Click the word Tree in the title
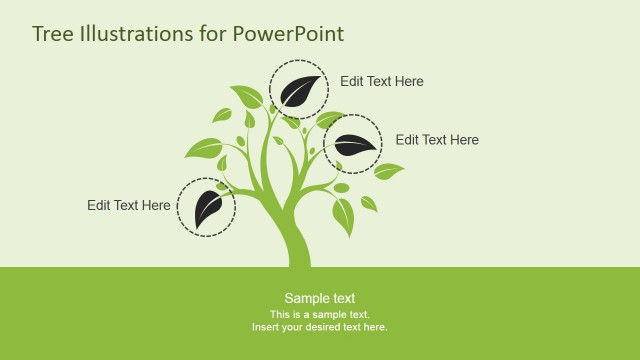[x=52, y=34]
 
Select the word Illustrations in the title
[x=134, y=34]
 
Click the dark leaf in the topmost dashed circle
[x=300, y=90]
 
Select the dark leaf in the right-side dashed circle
[x=353, y=145]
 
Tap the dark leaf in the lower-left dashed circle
[x=207, y=207]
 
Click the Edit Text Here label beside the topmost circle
[x=381, y=82]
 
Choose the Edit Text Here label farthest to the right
[x=437, y=140]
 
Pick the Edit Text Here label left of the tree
[x=128, y=205]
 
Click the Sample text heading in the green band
[x=319, y=298]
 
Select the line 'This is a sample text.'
[x=319, y=314]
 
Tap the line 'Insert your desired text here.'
[x=319, y=327]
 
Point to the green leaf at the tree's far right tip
[x=388, y=171]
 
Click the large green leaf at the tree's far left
[x=204, y=149]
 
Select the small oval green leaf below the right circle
[x=341, y=188]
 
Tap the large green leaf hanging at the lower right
[x=343, y=215]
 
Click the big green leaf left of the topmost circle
[x=246, y=96]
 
